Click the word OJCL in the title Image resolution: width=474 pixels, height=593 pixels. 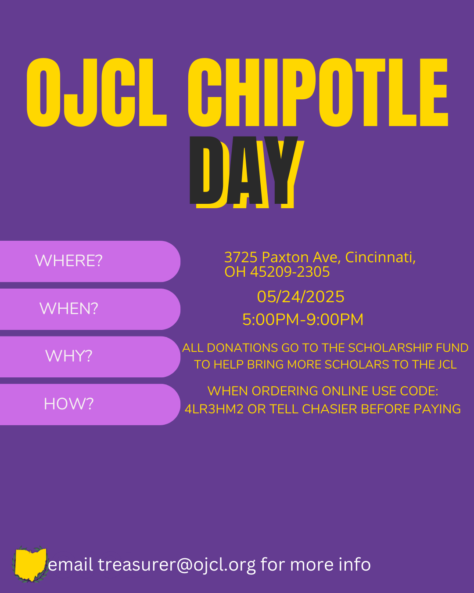(x=97, y=92)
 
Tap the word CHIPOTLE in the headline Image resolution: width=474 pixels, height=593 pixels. (x=318, y=92)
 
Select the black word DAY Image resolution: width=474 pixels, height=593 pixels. (x=244, y=170)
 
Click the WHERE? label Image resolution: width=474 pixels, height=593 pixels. (x=68, y=260)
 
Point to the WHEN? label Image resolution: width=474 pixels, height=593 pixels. (x=68, y=308)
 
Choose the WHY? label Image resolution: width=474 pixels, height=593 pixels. (x=68, y=356)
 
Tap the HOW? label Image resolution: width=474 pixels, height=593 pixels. (x=68, y=404)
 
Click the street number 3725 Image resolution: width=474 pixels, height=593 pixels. (x=241, y=257)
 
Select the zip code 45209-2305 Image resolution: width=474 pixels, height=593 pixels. (x=290, y=272)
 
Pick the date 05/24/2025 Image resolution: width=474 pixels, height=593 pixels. (x=301, y=297)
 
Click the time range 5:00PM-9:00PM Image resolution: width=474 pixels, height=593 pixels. (x=303, y=320)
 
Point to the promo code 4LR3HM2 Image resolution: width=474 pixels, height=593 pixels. (x=214, y=409)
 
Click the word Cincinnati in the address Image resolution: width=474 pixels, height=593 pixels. (x=381, y=257)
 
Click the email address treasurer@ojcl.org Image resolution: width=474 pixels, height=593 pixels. (x=177, y=565)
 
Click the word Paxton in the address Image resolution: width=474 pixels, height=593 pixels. (x=285, y=257)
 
